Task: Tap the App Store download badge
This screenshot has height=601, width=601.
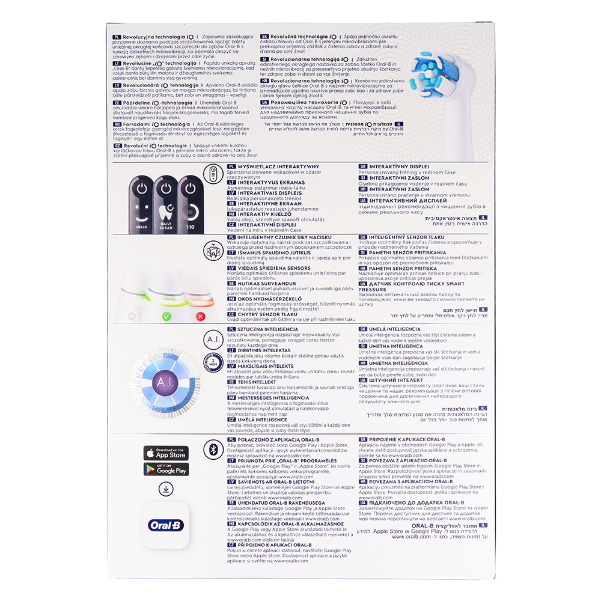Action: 166,453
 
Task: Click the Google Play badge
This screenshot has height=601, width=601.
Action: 166,469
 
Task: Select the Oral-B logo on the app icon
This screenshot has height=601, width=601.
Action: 166,525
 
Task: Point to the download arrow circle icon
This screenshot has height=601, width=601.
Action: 166,489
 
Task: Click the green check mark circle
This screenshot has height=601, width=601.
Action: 166,316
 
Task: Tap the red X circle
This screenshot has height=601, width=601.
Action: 201,316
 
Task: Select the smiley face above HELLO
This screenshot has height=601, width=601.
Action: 141,213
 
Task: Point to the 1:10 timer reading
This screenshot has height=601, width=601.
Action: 191,227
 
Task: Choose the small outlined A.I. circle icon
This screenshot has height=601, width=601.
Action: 216,341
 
